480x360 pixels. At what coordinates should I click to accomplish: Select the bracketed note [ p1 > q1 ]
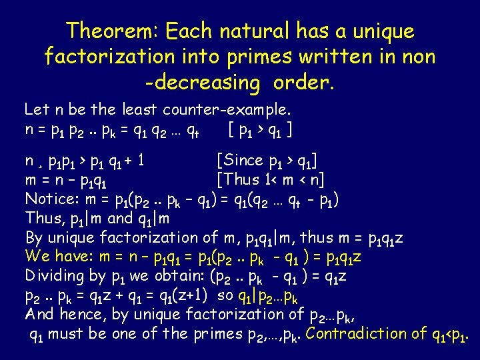[261, 128]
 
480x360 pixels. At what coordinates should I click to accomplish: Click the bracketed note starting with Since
[267, 161]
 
